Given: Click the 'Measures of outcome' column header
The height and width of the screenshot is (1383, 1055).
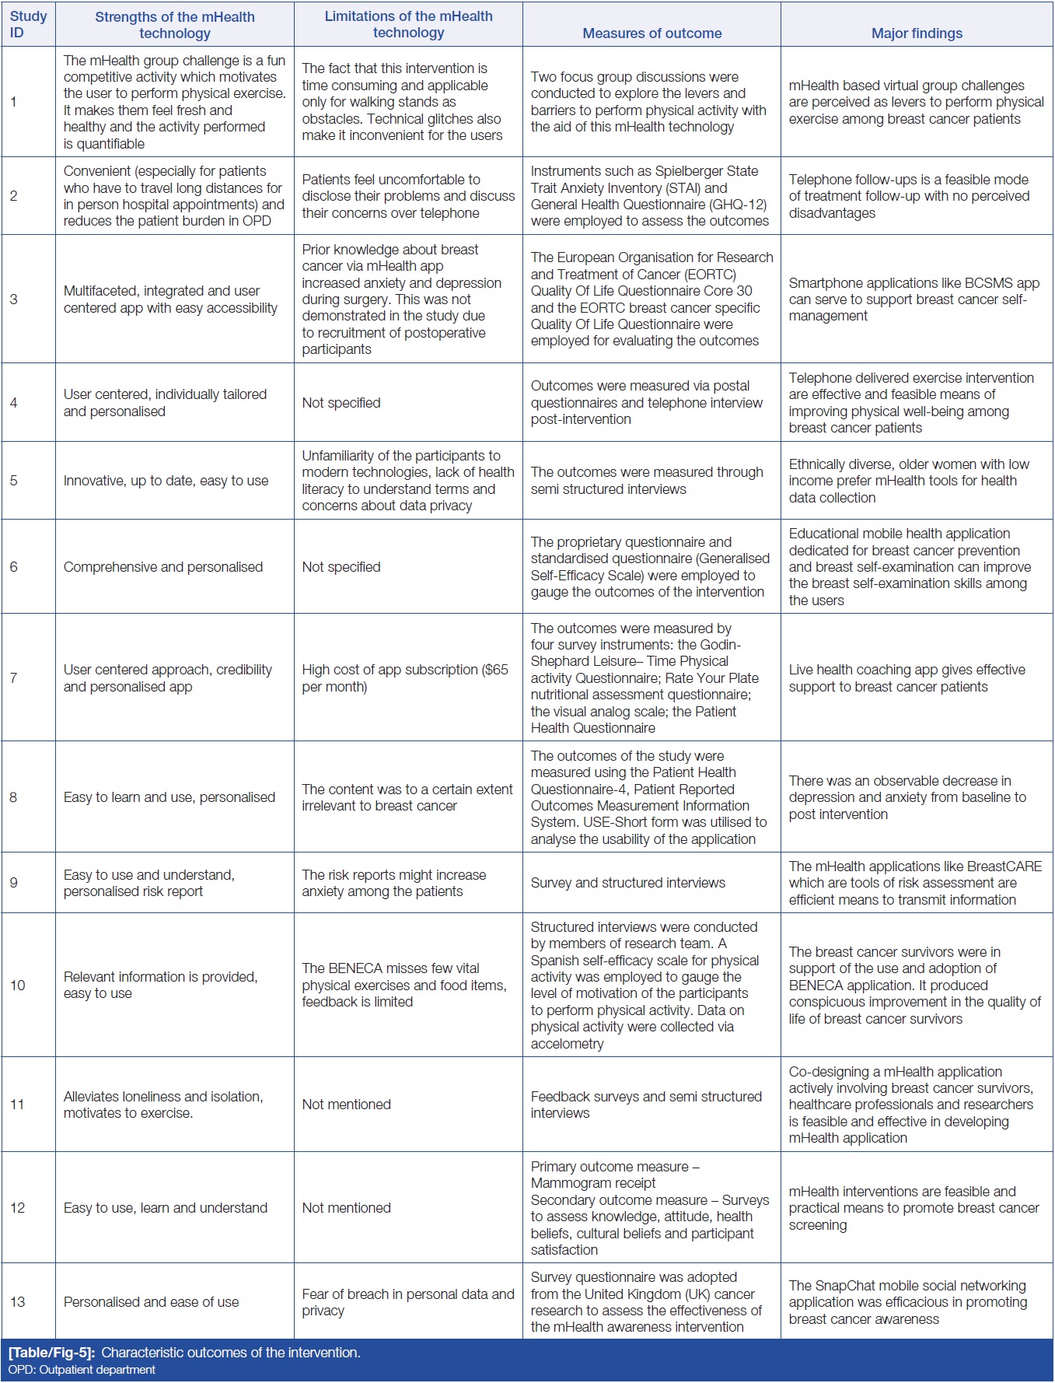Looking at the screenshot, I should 652,33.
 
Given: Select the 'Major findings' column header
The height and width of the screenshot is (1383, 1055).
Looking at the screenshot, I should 917,33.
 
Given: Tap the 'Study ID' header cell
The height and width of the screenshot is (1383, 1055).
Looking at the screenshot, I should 28,24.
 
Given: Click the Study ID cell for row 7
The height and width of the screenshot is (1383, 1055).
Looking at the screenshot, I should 13,677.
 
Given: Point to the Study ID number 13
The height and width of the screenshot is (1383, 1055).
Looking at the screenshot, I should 17,1301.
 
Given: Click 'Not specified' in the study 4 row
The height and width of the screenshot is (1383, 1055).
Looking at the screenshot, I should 341,403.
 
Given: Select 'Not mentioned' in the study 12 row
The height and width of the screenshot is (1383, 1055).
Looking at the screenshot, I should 346,1207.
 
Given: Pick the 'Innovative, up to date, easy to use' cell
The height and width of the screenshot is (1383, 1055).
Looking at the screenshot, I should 166,481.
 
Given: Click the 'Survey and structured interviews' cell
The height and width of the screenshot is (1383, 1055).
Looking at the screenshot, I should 627,883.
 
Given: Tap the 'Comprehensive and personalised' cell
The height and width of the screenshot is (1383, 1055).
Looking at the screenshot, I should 163,567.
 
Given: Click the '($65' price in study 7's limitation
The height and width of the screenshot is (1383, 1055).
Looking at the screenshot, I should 495,670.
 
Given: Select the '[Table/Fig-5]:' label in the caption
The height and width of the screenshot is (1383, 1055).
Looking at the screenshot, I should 51,1353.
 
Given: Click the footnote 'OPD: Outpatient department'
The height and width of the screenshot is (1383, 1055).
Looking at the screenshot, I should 82,1370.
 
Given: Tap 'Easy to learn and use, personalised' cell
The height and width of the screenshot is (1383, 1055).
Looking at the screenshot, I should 169,797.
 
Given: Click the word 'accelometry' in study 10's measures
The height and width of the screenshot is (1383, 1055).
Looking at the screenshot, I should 567,1044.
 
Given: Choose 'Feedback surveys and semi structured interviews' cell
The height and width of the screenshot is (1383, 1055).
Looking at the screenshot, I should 645,1105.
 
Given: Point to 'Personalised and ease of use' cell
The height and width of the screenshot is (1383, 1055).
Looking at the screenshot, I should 151,1302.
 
